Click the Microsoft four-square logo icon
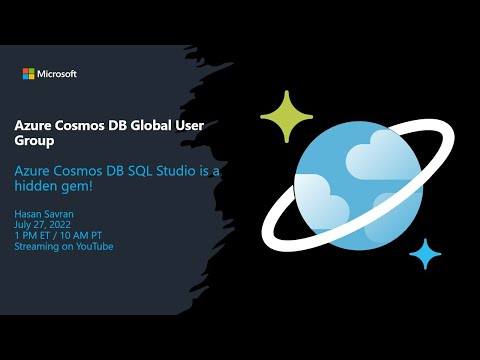pyautogui.click(x=29, y=73)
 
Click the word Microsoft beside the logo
pyautogui.click(x=57, y=73)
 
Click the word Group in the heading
pyautogui.click(x=35, y=142)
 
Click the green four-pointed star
pyautogui.click(x=287, y=118)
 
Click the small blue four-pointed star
pyautogui.click(x=425, y=253)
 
